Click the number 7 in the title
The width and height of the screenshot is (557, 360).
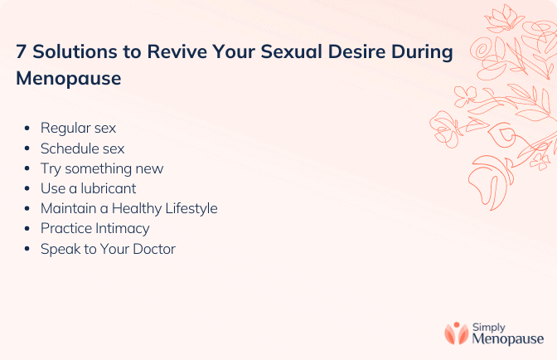[x=21, y=51]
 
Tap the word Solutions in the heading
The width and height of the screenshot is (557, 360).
[x=75, y=51]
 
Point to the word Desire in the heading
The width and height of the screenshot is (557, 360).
[x=356, y=51]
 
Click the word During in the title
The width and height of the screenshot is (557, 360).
[x=422, y=53]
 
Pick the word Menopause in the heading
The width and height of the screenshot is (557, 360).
[x=69, y=79]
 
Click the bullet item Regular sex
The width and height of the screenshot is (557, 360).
[x=78, y=129]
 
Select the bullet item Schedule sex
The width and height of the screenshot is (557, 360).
[x=82, y=148]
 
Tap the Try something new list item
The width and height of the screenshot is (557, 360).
[x=102, y=169]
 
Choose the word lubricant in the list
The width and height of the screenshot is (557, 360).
[x=109, y=188]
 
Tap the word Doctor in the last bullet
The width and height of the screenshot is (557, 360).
[x=154, y=249]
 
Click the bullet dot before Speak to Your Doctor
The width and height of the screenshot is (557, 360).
[x=27, y=249]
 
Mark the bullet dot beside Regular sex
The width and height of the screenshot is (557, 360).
[x=27, y=129]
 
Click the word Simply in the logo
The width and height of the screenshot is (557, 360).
[x=488, y=328]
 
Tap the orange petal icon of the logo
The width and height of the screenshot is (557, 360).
[x=457, y=333]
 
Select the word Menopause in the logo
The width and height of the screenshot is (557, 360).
[x=508, y=339]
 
